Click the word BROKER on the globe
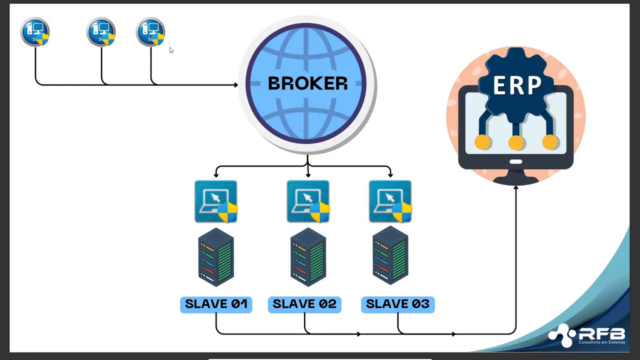pyautogui.click(x=307, y=83)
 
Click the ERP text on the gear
pyautogui.click(x=516, y=85)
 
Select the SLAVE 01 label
pyautogui.click(x=216, y=304)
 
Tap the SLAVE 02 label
pyautogui.click(x=304, y=304)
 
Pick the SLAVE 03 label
pyautogui.click(x=397, y=304)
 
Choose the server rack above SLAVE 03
pyautogui.click(x=390, y=256)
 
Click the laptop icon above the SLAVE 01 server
pyautogui.click(x=216, y=201)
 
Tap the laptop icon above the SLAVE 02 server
pyautogui.click(x=308, y=201)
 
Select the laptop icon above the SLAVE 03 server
pyautogui.click(x=390, y=201)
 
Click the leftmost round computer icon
pyautogui.click(x=35, y=32)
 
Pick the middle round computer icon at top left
pyautogui.click(x=101, y=32)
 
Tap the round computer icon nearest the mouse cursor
pyautogui.click(x=150, y=32)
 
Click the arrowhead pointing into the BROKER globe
pyautogui.click(x=235, y=85)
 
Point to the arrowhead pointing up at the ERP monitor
pyautogui.click(x=516, y=187)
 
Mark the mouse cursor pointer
pyautogui.click(x=171, y=50)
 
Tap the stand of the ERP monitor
pyautogui.click(x=516, y=176)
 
